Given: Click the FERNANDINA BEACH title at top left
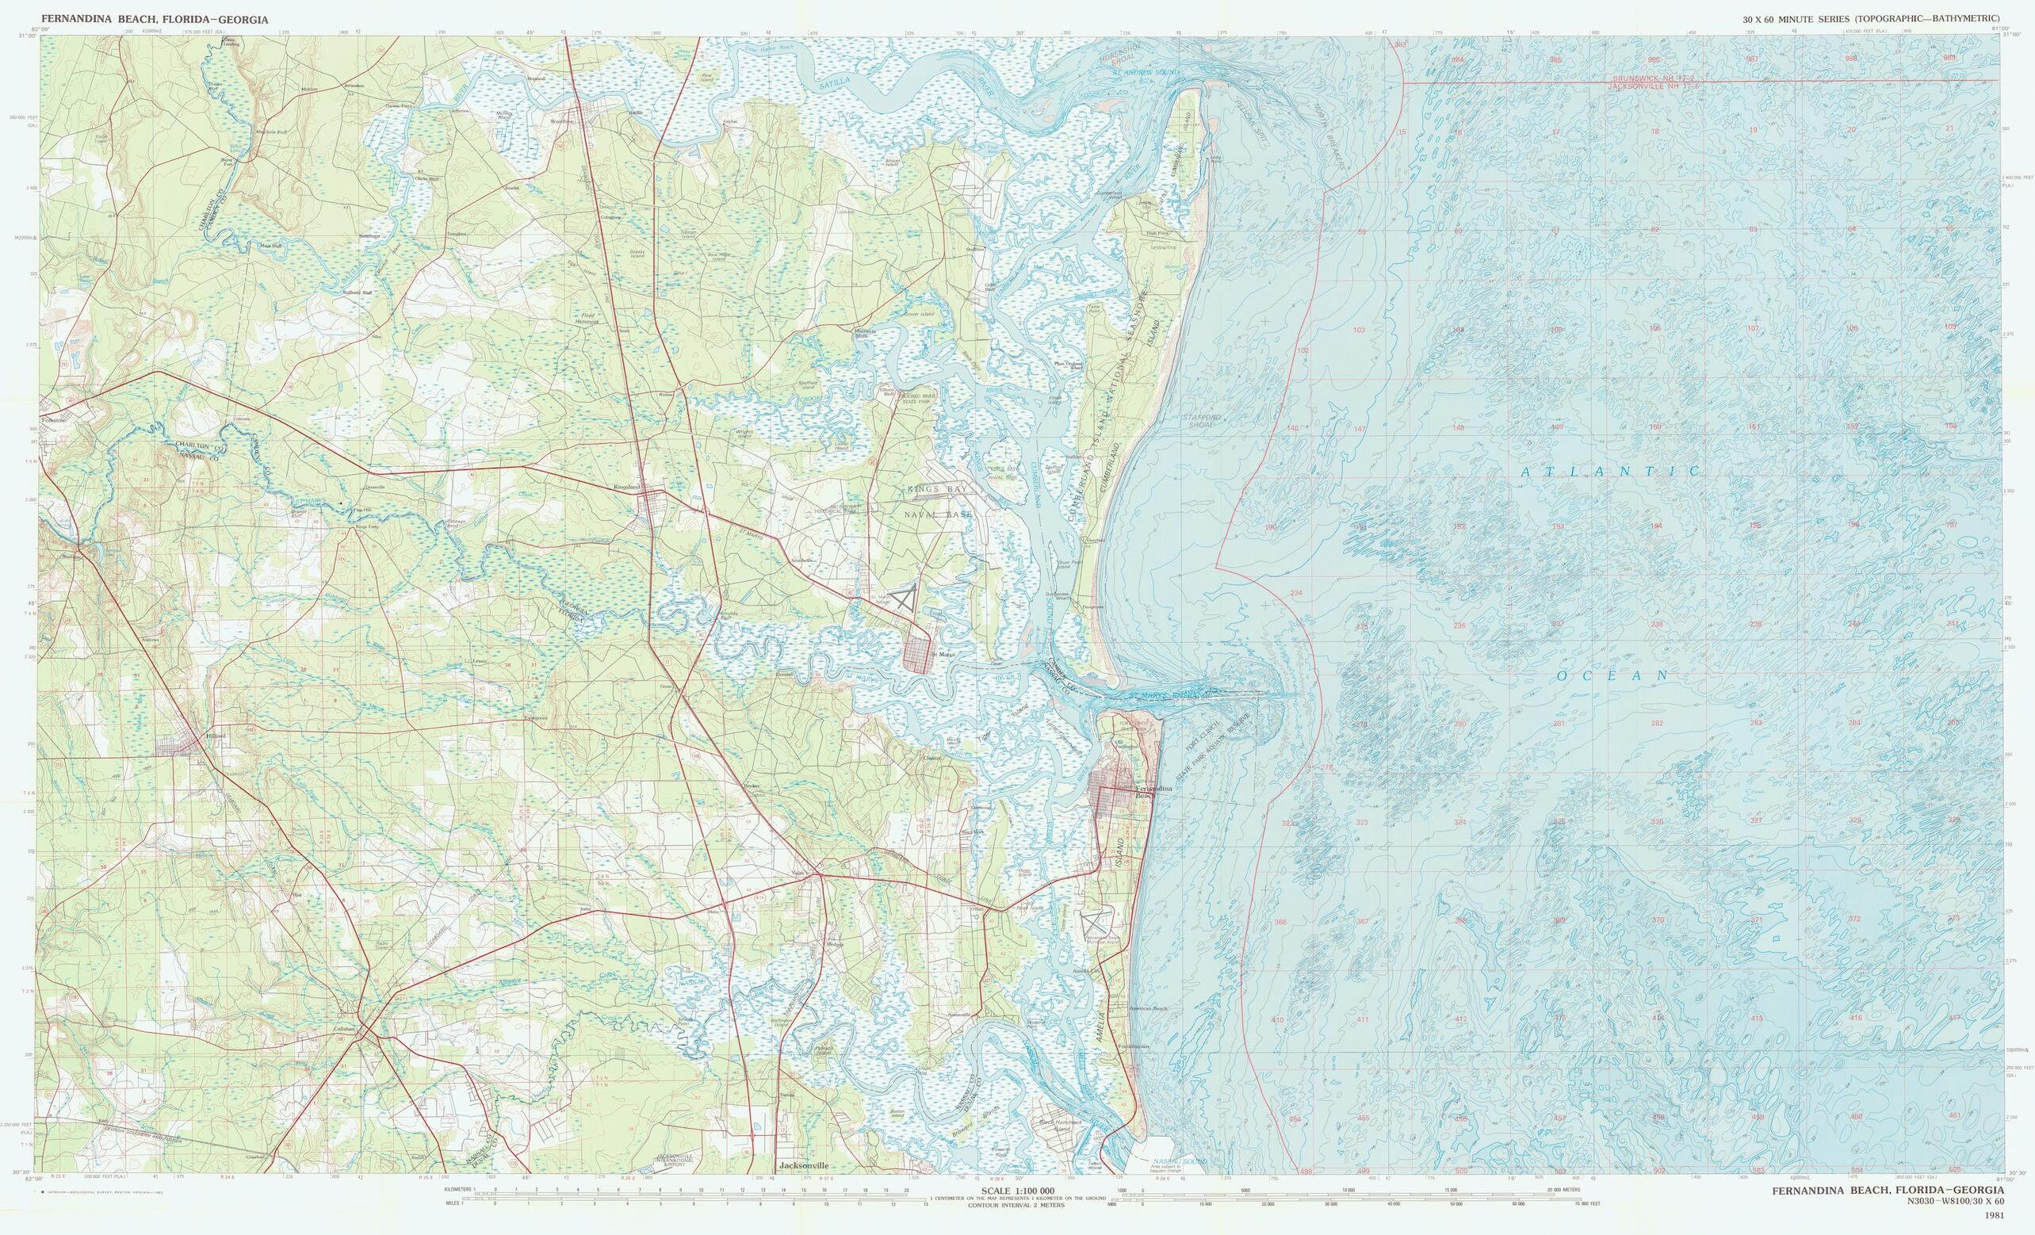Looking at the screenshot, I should tap(155, 19).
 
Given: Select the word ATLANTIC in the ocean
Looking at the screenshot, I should tap(1611, 471).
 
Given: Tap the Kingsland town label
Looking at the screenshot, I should tap(627, 487).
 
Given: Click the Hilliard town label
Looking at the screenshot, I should tap(217, 733).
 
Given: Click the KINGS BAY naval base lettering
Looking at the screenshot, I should tap(941, 491).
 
